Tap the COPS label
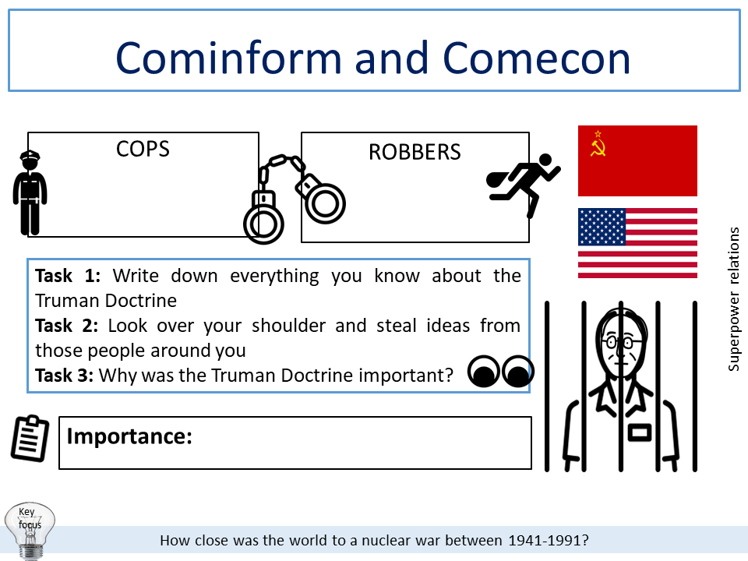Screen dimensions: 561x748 [x=143, y=148]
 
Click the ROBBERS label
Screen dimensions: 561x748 [x=415, y=152]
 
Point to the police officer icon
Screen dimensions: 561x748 [x=30, y=192]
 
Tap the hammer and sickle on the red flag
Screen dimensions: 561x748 [x=598, y=143]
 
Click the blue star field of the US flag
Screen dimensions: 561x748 [x=602, y=227]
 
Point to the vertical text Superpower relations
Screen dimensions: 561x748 [x=733, y=298]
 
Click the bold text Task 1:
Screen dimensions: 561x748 [x=70, y=276]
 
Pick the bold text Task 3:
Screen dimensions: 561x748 [x=65, y=376]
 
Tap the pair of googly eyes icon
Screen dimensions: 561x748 [x=501, y=372]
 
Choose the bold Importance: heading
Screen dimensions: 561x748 [x=129, y=436]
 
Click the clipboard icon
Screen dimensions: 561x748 [x=30, y=438]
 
